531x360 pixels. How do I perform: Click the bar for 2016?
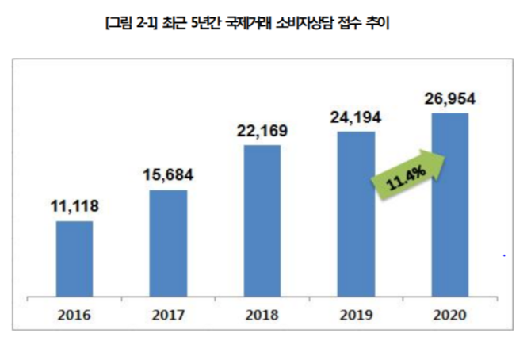(x=74, y=259)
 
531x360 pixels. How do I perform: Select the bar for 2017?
(x=168, y=243)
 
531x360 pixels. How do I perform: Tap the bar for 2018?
(x=262, y=220)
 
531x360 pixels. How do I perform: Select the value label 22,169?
(x=262, y=132)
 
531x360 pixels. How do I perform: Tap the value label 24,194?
(x=356, y=117)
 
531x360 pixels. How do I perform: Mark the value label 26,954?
(x=450, y=99)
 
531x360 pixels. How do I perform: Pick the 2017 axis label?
(x=168, y=314)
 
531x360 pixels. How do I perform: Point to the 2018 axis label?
(x=262, y=314)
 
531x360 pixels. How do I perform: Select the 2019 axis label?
(x=356, y=314)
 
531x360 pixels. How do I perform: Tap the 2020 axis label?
(x=450, y=314)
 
